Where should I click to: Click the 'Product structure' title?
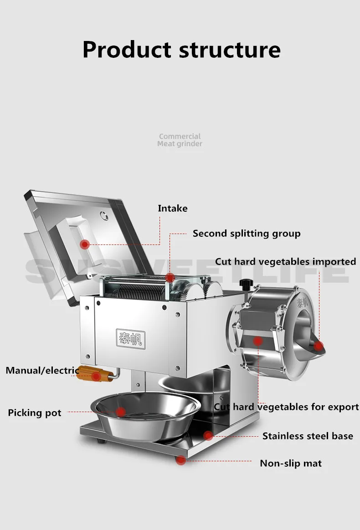[x=181, y=49]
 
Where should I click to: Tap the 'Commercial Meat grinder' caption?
[x=180, y=140]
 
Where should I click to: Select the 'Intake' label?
[x=172, y=208]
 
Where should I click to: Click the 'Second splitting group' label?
[x=247, y=234]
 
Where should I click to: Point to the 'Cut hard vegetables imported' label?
[x=285, y=261]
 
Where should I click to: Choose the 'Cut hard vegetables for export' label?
[x=287, y=407]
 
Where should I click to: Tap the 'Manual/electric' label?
[x=42, y=370]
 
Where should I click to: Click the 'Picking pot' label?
[x=35, y=413]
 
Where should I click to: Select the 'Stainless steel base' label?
[x=308, y=436]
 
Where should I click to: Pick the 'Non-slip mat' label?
[x=291, y=463]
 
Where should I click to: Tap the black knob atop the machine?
[x=246, y=284]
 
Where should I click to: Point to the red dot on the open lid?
[x=84, y=245]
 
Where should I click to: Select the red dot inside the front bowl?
[x=120, y=412]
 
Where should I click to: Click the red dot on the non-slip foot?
[x=181, y=460]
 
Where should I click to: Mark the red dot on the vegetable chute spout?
[x=318, y=346]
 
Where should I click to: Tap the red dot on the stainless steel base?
[x=208, y=435]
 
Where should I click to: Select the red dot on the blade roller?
[x=170, y=277]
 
